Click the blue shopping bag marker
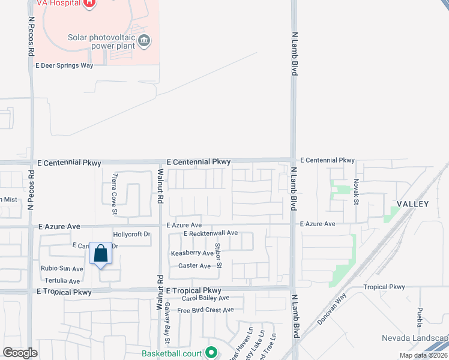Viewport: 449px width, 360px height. (x=101, y=253)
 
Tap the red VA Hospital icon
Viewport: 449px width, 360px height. (x=89, y=3)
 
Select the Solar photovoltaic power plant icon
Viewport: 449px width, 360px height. (x=144, y=41)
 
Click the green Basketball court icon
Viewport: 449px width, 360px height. (x=211, y=353)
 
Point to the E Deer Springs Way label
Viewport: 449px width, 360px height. (x=64, y=65)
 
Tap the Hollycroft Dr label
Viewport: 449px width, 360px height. (x=131, y=234)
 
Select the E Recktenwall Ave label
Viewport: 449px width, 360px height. (x=211, y=233)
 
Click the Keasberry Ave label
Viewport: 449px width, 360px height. (x=192, y=253)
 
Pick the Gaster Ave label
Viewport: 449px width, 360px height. (x=194, y=266)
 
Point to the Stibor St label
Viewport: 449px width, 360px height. (x=219, y=256)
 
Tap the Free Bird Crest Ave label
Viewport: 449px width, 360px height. (x=205, y=310)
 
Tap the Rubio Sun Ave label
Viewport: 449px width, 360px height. (x=62, y=269)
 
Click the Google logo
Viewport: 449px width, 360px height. (x=20, y=353)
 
